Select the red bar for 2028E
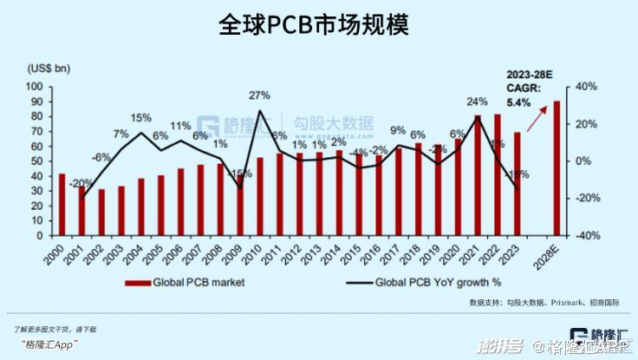pyautogui.click(x=557, y=168)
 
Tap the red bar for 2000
pyautogui.click(x=62, y=205)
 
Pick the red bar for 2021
pyautogui.click(x=478, y=175)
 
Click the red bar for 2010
pyautogui.click(x=260, y=196)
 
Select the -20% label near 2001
pyautogui.click(x=82, y=183)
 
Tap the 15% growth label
pyautogui.click(x=140, y=117)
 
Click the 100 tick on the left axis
pyautogui.click(x=36, y=87)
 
